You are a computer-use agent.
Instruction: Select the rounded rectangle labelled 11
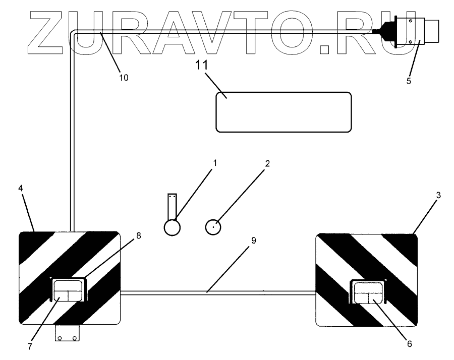point(283,112)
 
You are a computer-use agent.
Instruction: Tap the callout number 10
point(124,78)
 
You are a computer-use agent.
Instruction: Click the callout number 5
point(409,80)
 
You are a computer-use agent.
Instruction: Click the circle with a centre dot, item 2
point(214,227)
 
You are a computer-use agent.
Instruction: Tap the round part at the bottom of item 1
point(173,228)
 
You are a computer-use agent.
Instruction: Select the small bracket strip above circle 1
point(173,204)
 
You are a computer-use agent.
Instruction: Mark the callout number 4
point(20,188)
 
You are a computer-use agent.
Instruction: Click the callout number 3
point(438,194)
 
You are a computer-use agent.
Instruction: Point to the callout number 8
point(138,235)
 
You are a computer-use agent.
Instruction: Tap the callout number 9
point(254,241)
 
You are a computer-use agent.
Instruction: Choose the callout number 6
point(409,344)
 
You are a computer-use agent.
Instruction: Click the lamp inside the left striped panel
point(68,291)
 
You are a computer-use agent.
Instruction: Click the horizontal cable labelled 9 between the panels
point(217,291)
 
